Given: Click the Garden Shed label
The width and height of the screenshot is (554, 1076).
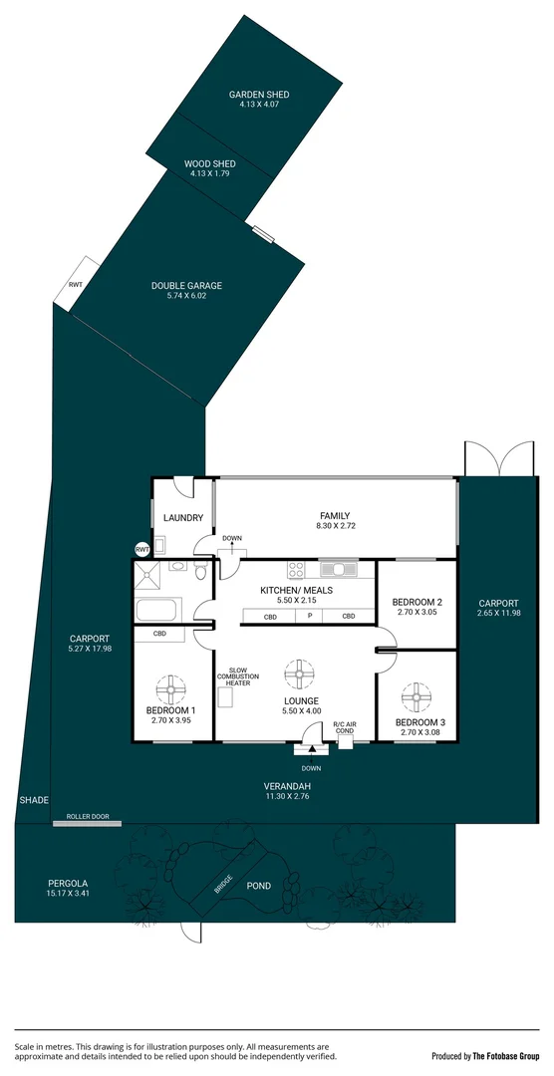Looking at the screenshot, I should [259, 95].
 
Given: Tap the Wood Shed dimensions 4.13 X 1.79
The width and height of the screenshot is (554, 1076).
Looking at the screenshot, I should [209, 174].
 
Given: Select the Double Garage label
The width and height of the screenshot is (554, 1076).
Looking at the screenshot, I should [187, 286].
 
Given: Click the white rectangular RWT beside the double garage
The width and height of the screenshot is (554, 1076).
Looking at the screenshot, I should [77, 284].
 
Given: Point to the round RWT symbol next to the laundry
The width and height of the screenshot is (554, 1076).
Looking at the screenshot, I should [142, 549].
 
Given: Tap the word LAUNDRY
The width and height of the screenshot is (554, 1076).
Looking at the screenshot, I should [183, 518].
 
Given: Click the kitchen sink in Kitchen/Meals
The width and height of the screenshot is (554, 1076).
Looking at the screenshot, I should [340, 569].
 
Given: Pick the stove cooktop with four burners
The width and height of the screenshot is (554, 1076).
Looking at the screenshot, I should [296, 570].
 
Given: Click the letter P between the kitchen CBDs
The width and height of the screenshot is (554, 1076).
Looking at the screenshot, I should [310, 617].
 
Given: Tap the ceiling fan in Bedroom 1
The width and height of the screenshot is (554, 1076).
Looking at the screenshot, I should [171, 688].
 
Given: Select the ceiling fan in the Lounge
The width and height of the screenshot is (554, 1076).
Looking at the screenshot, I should [298, 674].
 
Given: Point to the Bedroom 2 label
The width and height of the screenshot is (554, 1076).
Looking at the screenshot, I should [417, 602].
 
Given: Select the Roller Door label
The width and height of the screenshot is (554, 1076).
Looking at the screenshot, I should [87, 817].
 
